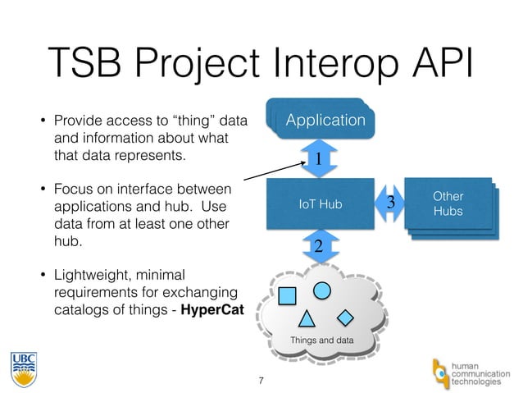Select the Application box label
[325, 121]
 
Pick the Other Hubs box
[448, 204]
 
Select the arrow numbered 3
[390, 202]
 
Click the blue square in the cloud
[288, 293]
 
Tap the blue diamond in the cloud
[347, 316]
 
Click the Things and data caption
[320, 340]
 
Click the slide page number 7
[261, 380]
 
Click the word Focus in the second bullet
[72, 190]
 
